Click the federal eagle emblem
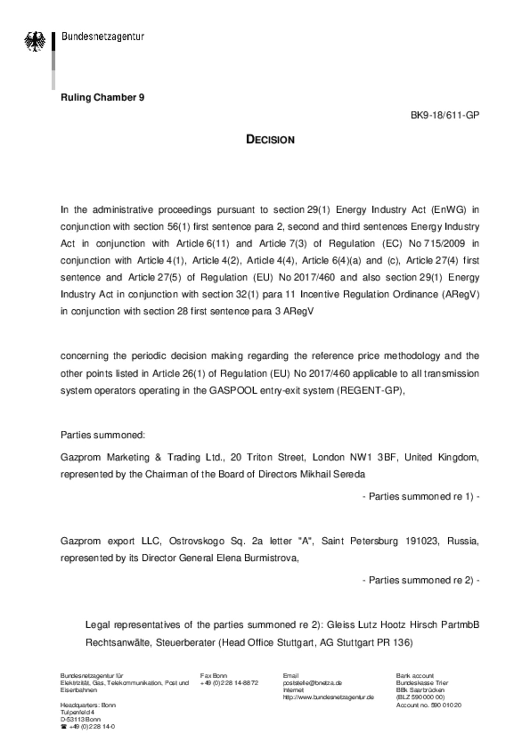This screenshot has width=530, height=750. (x=35, y=41)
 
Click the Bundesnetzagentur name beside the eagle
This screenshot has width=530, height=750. (x=103, y=37)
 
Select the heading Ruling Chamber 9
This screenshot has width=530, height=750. (x=102, y=98)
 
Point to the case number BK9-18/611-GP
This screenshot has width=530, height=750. (x=445, y=115)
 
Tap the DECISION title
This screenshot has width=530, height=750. (x=270, y=139)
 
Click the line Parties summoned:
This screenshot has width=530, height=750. (x=103, y=435)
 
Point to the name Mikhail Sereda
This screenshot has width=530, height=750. (x=332, y=474)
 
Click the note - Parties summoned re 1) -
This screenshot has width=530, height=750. (x=421, y=497)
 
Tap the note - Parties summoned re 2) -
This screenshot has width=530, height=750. (x=421, y=580)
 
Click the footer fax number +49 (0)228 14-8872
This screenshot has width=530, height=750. (x=229, y=683)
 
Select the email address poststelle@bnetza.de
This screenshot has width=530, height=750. (x=312, y=683)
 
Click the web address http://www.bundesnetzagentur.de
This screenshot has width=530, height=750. (x=328, y=697)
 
